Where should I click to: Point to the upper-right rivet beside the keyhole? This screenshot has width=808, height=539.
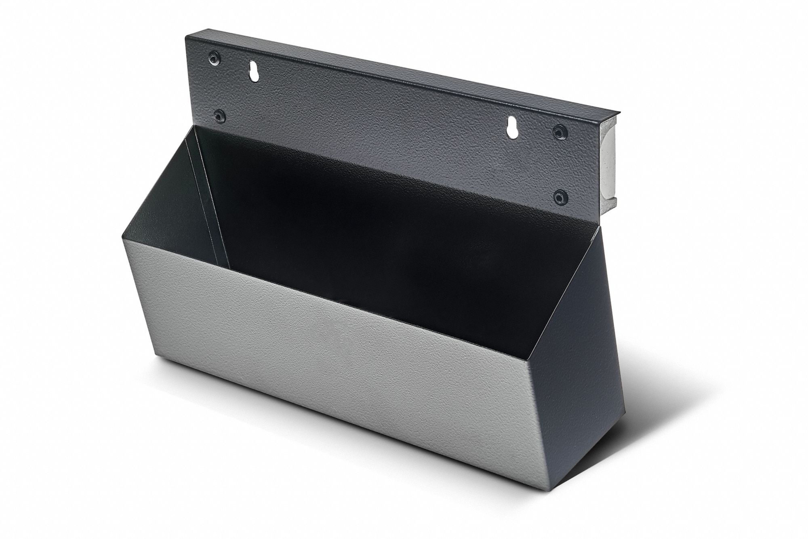tap(560, 131)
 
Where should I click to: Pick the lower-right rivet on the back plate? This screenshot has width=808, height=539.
tap(559, 197)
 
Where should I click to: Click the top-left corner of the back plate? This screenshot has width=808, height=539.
tap(186, 37)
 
